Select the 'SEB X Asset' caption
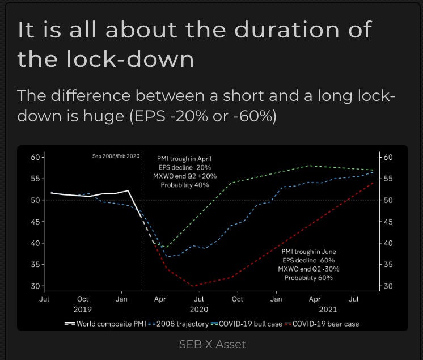coord(212,344)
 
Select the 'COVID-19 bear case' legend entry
coord(322,324)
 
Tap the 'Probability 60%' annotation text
coord(308,278)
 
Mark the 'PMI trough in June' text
coord(308,251)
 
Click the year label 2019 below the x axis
coord(83,309)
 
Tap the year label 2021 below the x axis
coord(328,309)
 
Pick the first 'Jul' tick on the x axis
coord(44,299)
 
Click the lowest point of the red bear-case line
coord(193,286)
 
